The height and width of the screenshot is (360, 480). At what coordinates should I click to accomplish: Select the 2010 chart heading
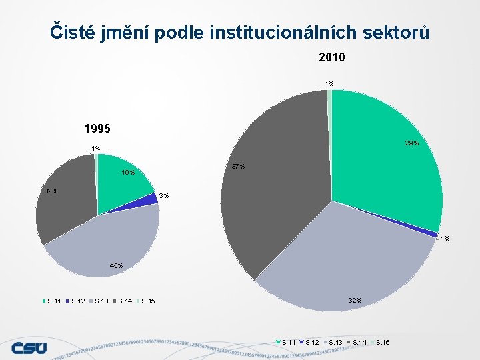click(x=331, y=58)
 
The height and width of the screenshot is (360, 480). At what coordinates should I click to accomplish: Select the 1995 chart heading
click(x=97, y=128)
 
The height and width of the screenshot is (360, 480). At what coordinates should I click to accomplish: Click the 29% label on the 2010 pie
click(x=411, y=143)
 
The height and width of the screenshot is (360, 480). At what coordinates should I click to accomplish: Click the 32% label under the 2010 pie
click(x=354, y=300)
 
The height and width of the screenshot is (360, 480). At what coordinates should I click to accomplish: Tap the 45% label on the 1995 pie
click(x=116, y=266)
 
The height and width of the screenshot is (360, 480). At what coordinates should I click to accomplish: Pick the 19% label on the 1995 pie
click(x=127, y=173)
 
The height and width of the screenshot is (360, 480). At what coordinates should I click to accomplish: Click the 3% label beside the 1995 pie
click(x=165, y=195)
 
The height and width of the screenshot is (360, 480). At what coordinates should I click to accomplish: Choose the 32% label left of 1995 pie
click(x=51, y=191)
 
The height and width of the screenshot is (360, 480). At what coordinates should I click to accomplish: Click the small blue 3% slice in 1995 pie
click(x=149, y=200)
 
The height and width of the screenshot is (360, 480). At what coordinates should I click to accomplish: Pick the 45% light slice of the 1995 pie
click(x=107, y=243)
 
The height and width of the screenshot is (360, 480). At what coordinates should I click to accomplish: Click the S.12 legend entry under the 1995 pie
click(x=78, y=301)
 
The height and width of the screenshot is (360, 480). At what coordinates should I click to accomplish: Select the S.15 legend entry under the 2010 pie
click(x=383, y=343)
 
